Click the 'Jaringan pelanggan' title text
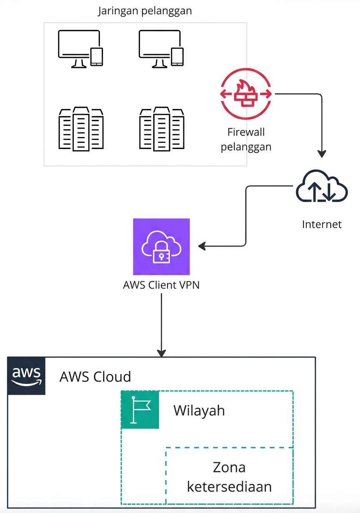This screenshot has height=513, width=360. point(145,11)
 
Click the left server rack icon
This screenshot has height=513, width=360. point(81,129)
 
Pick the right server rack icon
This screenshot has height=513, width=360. point(162,129)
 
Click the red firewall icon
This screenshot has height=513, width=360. point(246,94)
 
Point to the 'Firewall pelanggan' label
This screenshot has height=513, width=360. point(246,140)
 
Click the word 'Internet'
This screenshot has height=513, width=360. point(322,224)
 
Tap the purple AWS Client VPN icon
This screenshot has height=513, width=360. point(161,247)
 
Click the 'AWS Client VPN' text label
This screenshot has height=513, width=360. point(161,286)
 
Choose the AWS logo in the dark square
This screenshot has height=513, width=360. point(26,376)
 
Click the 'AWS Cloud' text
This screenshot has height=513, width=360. point(95,377)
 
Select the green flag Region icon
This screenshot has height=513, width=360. point(140,410)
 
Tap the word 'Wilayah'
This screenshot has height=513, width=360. point(199,411)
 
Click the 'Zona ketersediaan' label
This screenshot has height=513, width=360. point(229,477)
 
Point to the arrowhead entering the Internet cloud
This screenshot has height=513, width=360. point(322,153)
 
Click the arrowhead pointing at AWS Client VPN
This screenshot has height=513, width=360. point(202,247)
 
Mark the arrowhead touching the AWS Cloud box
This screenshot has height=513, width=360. point(161,352)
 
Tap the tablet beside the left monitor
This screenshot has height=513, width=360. point(97,57)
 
